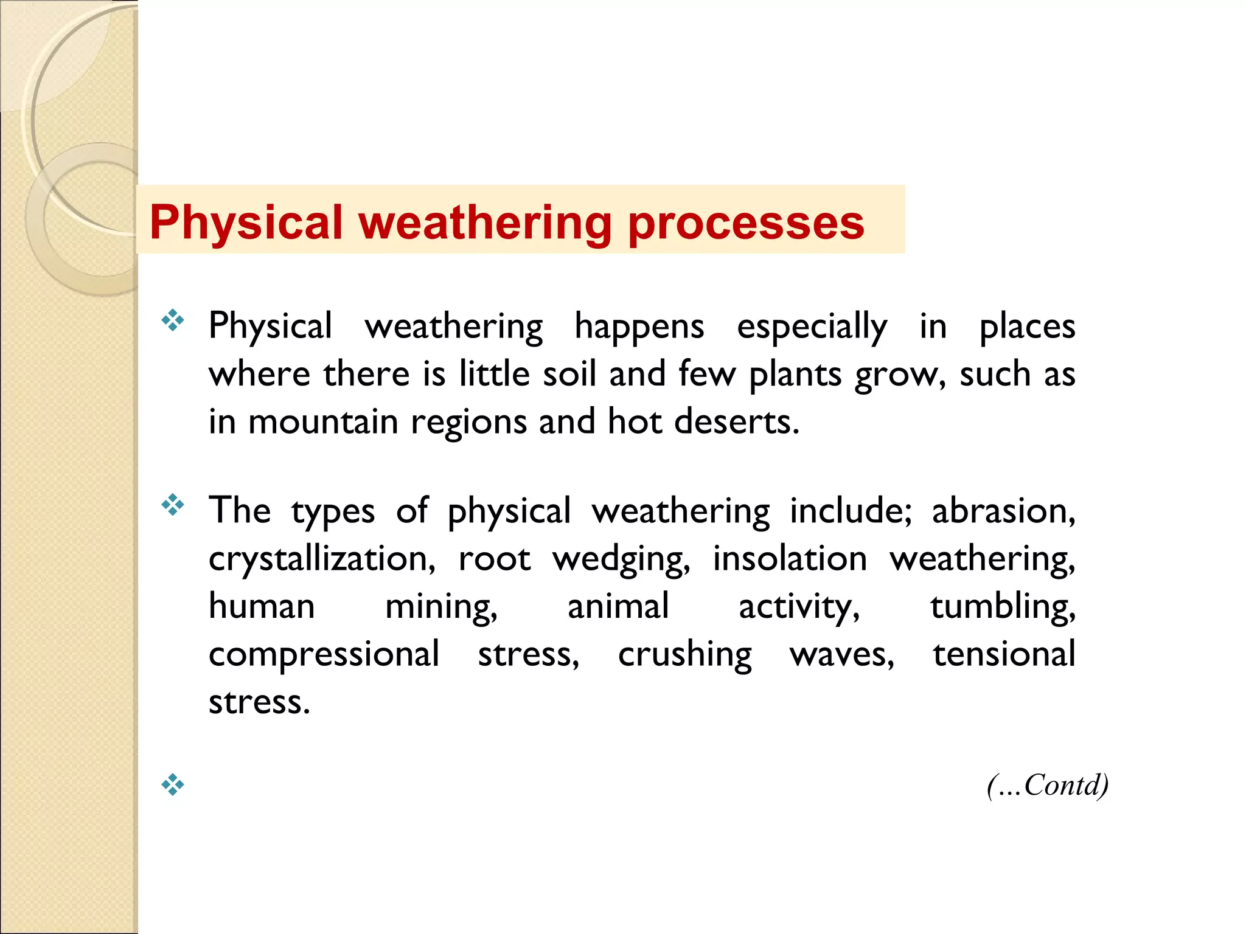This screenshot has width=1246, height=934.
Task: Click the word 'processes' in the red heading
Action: point(746,223)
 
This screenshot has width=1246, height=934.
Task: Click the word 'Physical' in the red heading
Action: point(247,223)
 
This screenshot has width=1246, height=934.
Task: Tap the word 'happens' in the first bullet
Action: point(639,327)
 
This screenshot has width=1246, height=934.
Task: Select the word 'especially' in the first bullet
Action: point(812,327)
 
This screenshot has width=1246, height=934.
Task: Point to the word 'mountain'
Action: point(323,421)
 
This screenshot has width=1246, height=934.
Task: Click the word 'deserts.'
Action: point(737,421)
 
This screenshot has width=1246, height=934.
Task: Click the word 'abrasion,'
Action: point(1004,511)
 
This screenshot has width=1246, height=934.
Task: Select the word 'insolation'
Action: point(790,559)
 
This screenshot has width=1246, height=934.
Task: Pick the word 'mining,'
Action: point(442,606)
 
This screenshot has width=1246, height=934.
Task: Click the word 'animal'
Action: point(618,606)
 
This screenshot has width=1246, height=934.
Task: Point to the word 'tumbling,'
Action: point(1003,606)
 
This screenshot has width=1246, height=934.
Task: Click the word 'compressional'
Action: point(324,654)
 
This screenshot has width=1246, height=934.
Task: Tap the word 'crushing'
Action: point(685,654)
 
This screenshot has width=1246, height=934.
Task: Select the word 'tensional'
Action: point(1004,654)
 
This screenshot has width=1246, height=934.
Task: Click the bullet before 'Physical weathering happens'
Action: point(173,320)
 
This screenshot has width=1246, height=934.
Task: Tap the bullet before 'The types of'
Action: point(173,504)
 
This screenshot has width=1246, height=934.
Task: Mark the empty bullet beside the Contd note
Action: point(173,784)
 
